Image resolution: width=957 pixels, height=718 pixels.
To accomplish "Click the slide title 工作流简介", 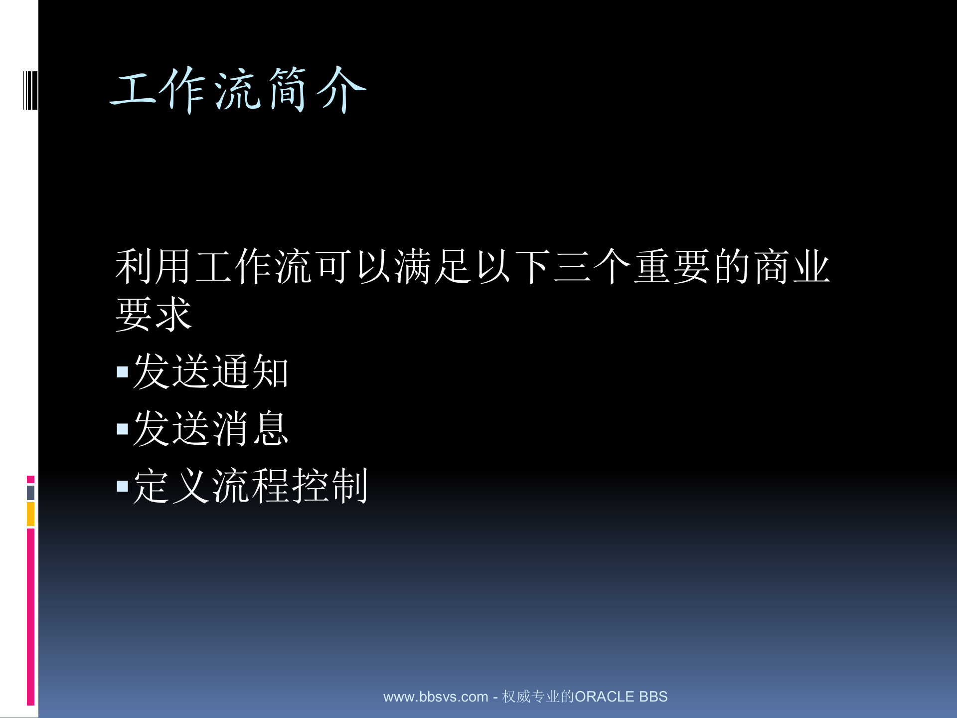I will coord(238,90).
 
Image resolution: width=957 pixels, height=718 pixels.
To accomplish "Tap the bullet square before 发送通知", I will coord(122,372).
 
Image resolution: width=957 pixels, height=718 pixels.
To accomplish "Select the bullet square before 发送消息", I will coord(122,429).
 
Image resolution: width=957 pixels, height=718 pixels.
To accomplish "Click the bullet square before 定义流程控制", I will coord(122,486).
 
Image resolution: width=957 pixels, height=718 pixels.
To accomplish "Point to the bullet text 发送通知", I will coord(211,371).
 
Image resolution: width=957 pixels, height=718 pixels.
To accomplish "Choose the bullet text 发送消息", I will coord(211,428).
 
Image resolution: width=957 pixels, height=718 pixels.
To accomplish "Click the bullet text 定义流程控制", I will coord(250,486).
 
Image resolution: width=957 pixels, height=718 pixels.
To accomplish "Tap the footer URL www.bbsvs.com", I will coord(435,697).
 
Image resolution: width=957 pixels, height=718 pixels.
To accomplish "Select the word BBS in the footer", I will coord(653,697).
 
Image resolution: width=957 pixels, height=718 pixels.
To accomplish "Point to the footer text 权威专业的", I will coord(538,697).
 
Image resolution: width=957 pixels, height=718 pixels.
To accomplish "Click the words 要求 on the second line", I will coord(154,314).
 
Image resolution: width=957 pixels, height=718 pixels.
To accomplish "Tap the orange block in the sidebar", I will coord(30,514).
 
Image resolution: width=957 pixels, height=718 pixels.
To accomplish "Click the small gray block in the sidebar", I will coord(30,493).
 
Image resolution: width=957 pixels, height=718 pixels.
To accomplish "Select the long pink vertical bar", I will coord(30,617).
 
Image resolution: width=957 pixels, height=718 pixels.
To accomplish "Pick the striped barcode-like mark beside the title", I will coord(30,90).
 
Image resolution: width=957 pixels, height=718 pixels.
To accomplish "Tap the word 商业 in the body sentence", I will coord(792,267).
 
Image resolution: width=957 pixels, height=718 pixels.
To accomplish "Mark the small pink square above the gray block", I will coord(30,479).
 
